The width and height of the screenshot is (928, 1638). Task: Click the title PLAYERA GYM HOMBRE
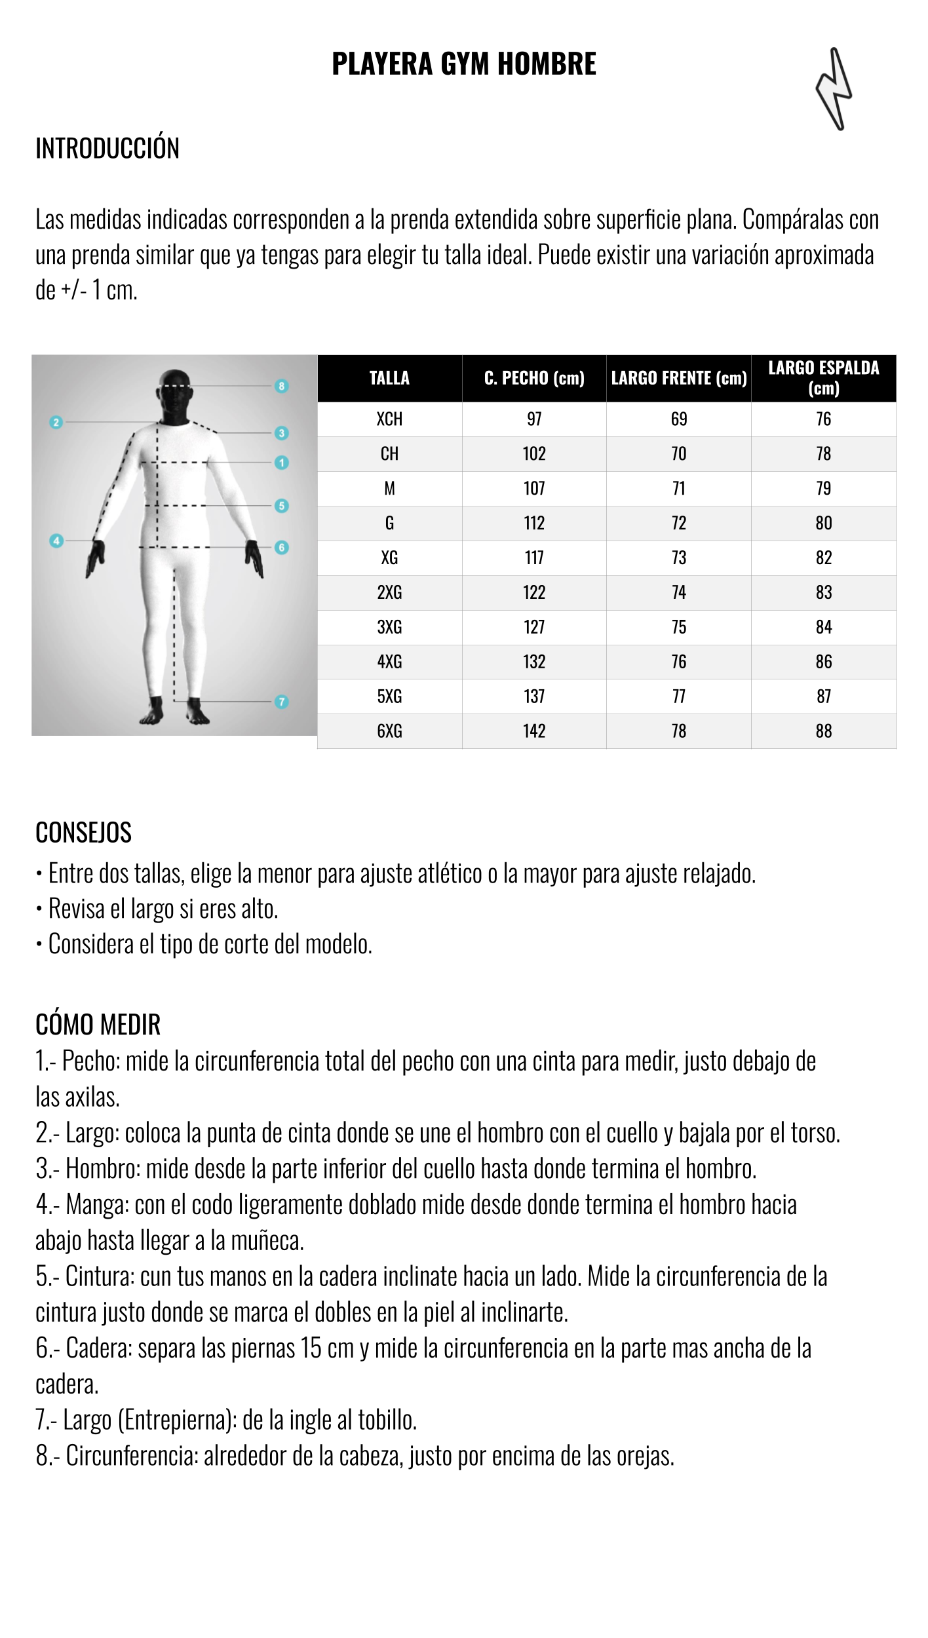point(464,64)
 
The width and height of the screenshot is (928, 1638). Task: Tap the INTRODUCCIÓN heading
point(107,148)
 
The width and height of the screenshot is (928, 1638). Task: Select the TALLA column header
point(389,378)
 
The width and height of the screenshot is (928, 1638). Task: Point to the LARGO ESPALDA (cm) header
point(823,378)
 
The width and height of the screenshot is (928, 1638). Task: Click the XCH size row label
point(389,419)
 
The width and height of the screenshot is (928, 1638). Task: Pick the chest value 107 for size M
point(534,488)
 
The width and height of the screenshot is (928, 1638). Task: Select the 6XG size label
point(389,731)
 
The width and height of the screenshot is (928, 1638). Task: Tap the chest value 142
point(534,731)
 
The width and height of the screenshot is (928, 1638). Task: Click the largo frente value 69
point(679,419)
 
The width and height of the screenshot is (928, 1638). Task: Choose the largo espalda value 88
point(824,731)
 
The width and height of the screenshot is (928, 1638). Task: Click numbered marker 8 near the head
point(282,386)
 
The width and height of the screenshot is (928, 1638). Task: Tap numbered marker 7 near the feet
point(282,702)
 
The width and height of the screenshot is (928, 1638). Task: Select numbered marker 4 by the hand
point(56,541)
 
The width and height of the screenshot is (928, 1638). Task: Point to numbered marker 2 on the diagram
point(56,423)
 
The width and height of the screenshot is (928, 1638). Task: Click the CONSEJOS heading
point(83,833)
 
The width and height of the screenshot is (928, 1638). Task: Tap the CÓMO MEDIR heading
point(98,1025)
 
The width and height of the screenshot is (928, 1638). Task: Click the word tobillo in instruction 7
point(387,1420)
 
